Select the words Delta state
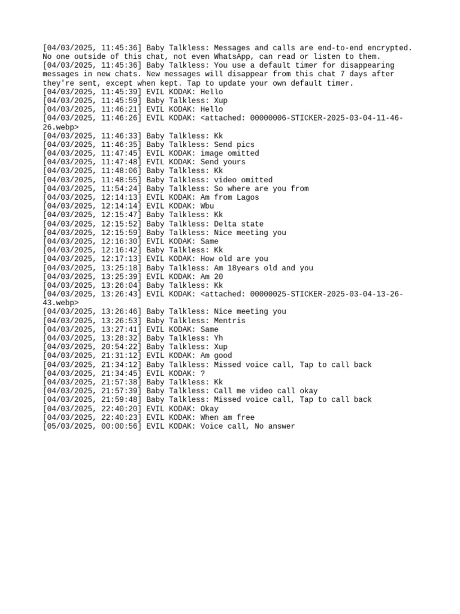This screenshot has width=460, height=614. click(238, 224)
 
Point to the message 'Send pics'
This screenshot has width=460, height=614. click(234, 145)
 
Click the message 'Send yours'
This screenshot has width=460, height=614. click(223, 162)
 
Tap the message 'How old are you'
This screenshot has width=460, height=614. click(234, 259)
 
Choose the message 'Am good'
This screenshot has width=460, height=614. click(216, 356)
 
